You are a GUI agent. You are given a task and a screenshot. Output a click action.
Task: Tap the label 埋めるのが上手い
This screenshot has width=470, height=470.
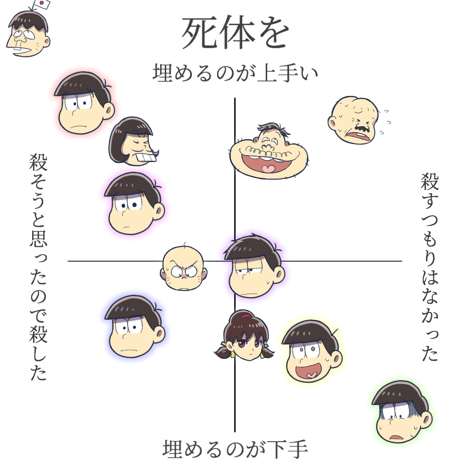[235, 73]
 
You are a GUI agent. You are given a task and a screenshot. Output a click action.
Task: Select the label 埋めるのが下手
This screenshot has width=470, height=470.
[235, 449]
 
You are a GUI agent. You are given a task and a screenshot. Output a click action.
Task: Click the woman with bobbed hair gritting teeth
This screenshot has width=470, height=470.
[134, 142]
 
